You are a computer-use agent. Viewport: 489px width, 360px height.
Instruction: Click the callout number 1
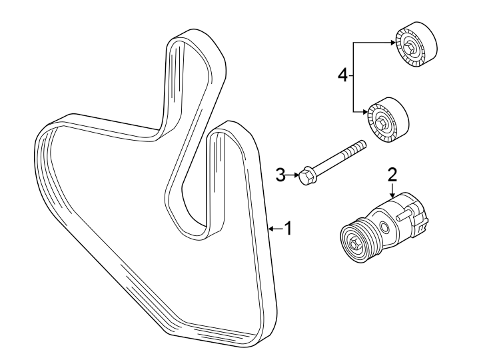pos(288,229)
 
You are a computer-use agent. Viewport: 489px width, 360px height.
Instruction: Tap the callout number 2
pos(392,175)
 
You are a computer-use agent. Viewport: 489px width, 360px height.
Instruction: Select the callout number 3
pos(280,175)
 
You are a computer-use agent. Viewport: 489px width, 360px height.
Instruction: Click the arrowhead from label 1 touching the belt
pos(270,229)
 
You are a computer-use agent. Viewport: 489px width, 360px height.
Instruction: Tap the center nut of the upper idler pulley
pos(411,48)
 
